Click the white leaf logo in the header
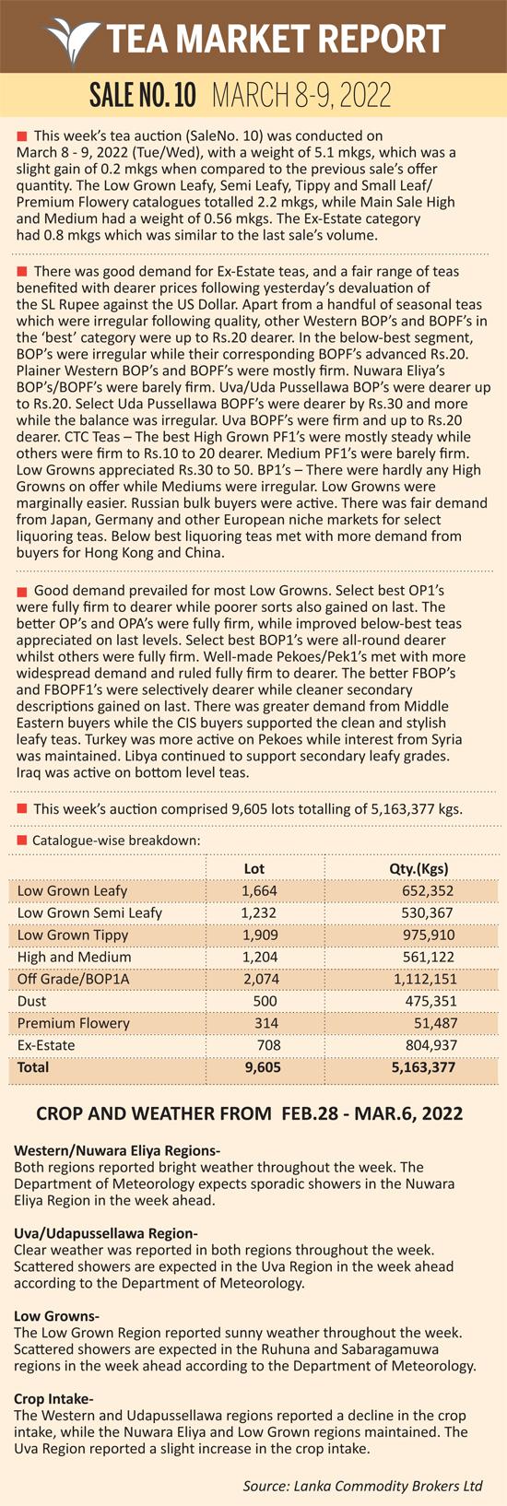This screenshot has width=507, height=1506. (74, 39)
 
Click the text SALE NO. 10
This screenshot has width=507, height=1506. (143, 96)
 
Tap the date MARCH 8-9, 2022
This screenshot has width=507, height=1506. (302, 96)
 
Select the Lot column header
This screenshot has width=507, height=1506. (254, 868)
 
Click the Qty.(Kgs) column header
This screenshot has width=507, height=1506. (419, 868)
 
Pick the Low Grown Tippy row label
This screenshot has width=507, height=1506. (73, 935)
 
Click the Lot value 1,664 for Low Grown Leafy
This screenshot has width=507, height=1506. (260, 891)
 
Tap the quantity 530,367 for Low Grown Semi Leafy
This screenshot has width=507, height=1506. (425, 913)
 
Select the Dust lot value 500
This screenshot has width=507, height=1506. (265, 1001)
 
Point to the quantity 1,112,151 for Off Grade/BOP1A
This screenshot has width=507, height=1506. (425, 979)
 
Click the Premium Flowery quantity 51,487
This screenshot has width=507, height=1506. (436, 1023)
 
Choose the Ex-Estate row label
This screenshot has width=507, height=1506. (46, 1045)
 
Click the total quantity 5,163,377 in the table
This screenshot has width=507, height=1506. (424, 1067)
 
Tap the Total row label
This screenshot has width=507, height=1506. (33, 1067)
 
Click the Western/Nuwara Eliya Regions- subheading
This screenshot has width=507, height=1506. (117, 1150)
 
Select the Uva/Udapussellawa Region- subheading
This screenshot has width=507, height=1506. (106, 1234)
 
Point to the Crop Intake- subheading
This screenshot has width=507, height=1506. (53, 1399)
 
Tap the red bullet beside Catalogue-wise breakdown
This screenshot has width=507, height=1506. (21, 841)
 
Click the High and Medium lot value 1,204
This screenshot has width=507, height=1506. (260, 957)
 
